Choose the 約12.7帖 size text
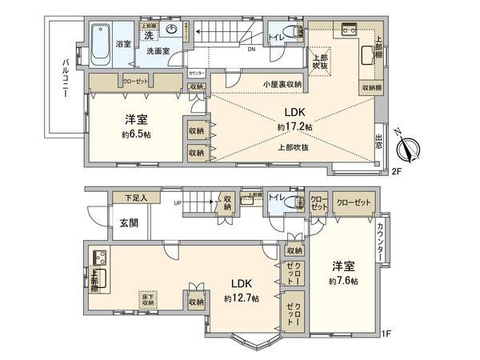(x=242, y=298)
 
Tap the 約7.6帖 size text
(x=342, y=282)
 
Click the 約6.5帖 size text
(x=136, y=133)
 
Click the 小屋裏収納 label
(x=282, y=84)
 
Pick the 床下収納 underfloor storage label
(x=150, y=299)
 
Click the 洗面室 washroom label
(x=157, y=51)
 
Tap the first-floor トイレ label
(x=279, y=197)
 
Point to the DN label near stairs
(x=251, y=50)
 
